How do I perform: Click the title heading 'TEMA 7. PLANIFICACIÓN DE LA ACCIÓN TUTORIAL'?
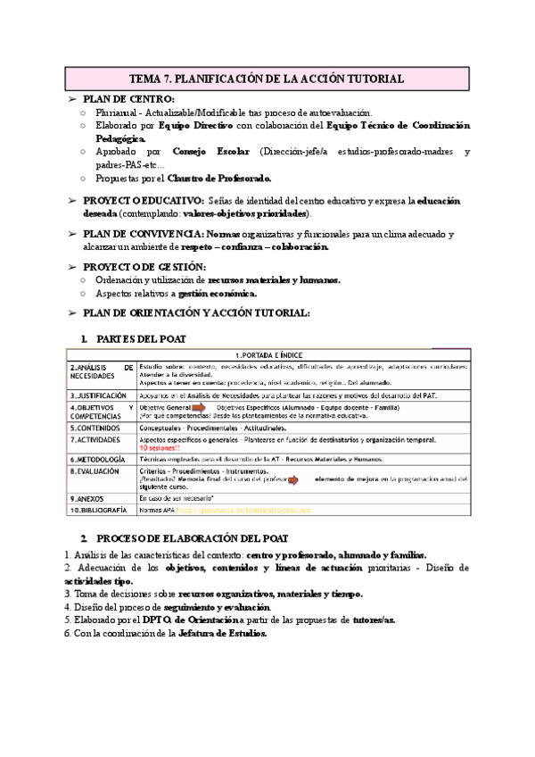pos(267,79)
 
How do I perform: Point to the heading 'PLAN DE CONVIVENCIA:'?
pos(152,234)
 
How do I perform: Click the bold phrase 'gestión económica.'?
pos(218,294)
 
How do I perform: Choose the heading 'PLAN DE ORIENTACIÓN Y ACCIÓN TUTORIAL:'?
pos(196,312)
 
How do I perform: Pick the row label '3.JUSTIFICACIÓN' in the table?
pos(98,395)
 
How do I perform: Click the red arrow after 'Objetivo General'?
pos(203,408)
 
